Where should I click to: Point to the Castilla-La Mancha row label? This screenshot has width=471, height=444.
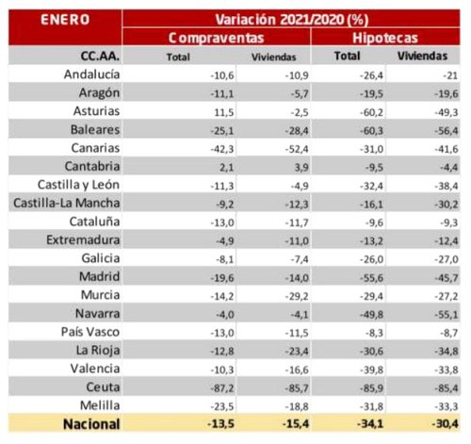click(64, 204)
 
